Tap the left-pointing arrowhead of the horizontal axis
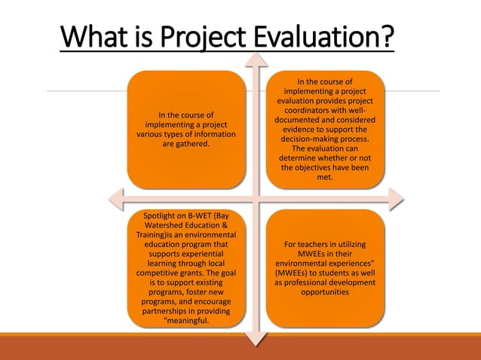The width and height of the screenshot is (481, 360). pyautogui.click(x=115, y=199)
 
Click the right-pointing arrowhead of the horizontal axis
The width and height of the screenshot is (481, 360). pyautogui.click(x=397, y=199)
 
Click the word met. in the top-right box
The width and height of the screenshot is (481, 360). pyautogui.click(x=324, y=178)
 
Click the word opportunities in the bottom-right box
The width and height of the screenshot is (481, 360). pyautogui.click(x=324, y=292)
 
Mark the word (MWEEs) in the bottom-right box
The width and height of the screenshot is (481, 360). pyautogui.click(x=290, y=273)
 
